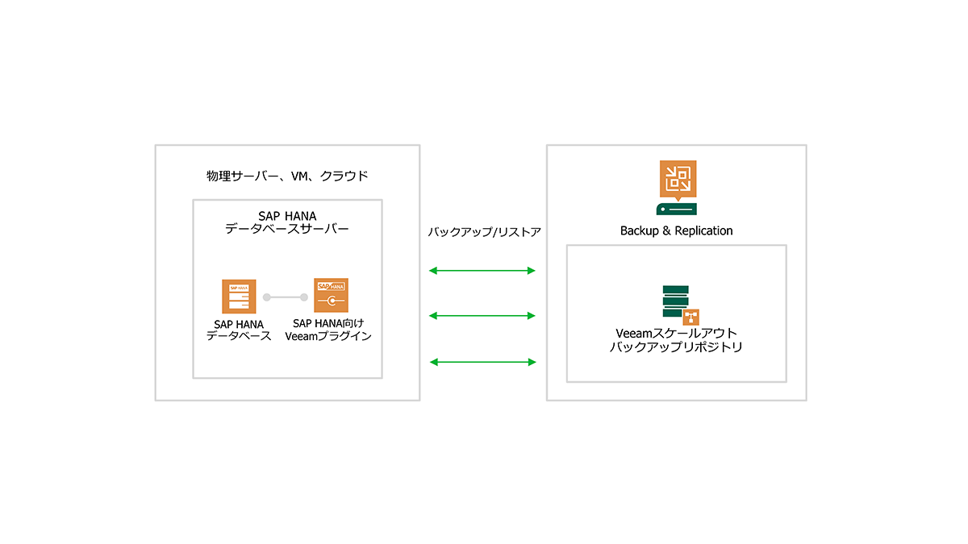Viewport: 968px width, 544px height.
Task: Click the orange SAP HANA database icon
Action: (x=239, y=297)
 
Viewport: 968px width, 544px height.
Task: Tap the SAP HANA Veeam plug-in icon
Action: (x=331, y=295)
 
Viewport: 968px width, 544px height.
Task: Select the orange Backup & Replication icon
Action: (x=678, y=181)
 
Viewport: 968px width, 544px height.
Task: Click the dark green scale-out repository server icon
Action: (x=675, y=301)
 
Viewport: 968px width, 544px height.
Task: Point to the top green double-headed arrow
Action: (x=482, y=271)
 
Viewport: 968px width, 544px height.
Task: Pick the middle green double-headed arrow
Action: (x=482, y=316)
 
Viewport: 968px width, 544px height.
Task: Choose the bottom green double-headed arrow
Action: (x=483, y=362)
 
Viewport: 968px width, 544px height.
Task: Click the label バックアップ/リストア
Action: (x=485, y=232)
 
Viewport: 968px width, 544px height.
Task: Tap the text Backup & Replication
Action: (x=676, y=231)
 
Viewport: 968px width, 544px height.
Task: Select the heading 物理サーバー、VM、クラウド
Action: (x=287, y=176)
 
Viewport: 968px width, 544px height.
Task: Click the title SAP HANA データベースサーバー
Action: (x=287, y=222)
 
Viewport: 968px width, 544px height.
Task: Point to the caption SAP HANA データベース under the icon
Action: (x=239, y=330)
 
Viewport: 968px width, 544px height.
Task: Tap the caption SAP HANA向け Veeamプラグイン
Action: (x=328, y=330)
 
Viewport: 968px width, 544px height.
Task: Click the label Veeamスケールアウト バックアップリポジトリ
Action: (x=676, y=340)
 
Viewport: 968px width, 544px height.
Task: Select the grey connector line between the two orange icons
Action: (x=286, y=297)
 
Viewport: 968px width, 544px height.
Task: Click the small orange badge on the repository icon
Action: (x=691, y=318)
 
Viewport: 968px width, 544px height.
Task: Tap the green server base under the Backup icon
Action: (x=676, y=209)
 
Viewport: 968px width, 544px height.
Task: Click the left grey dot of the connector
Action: (x=267, y=297)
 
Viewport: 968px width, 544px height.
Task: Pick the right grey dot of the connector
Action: (x=304, y=297)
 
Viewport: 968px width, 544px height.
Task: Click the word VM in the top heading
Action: (x=299, y=176)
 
